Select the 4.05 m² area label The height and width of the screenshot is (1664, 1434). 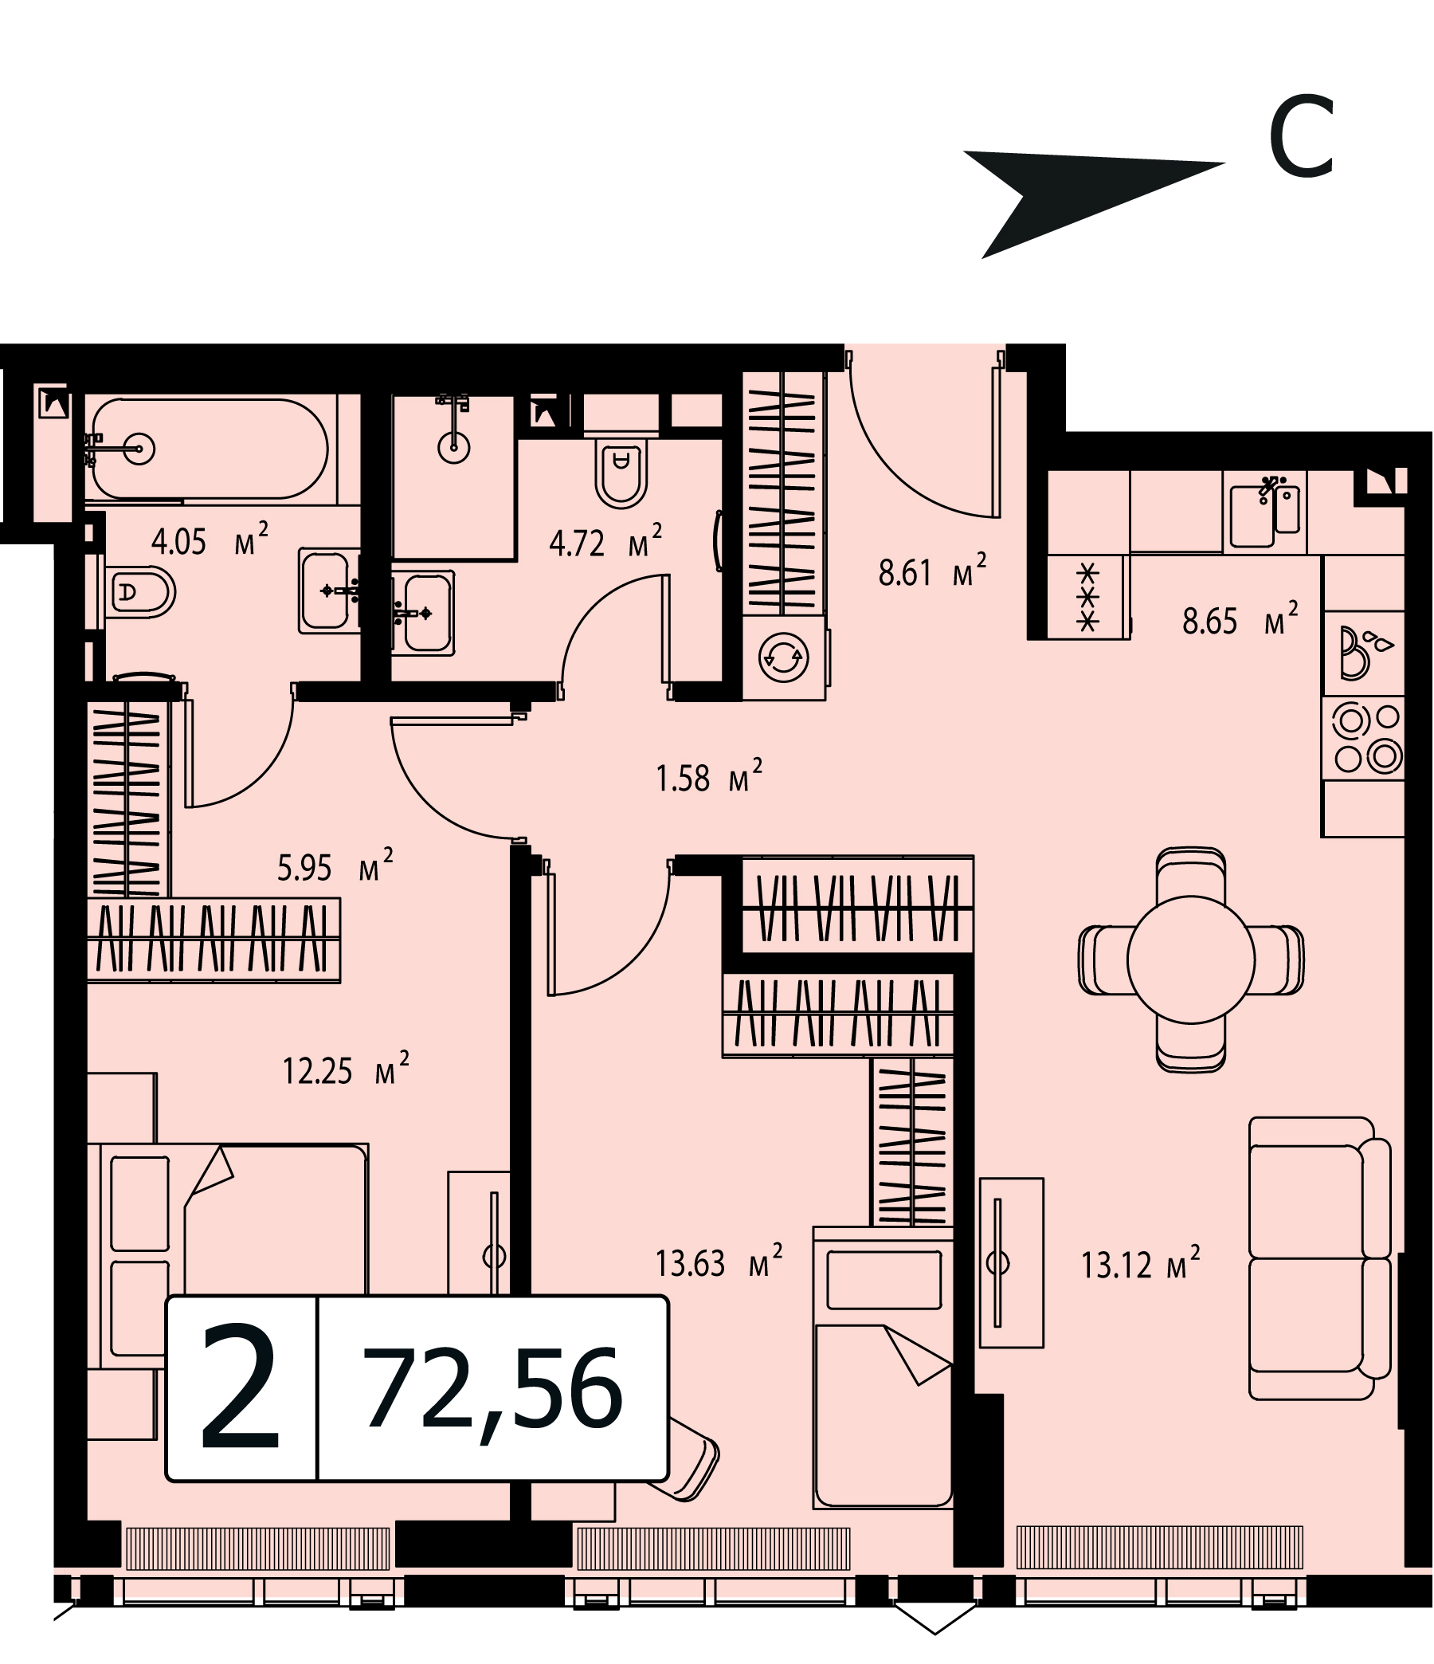point(209,540)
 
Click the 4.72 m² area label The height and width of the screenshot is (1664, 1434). point(605,542)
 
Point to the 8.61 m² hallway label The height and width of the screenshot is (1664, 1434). point(932,571)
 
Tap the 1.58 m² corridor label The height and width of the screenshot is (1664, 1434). point(709,777)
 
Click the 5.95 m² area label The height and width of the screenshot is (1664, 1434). point(335,866)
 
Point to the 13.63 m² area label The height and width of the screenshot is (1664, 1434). point(719,1263)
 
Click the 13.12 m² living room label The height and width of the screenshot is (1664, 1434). point(1140,1265)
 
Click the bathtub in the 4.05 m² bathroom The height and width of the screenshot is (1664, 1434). point(210,448)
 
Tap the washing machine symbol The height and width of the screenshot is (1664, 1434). point(785,656)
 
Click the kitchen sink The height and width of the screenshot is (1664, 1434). point(1265,511)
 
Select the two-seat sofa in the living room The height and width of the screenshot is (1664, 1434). point(1319,1258)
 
